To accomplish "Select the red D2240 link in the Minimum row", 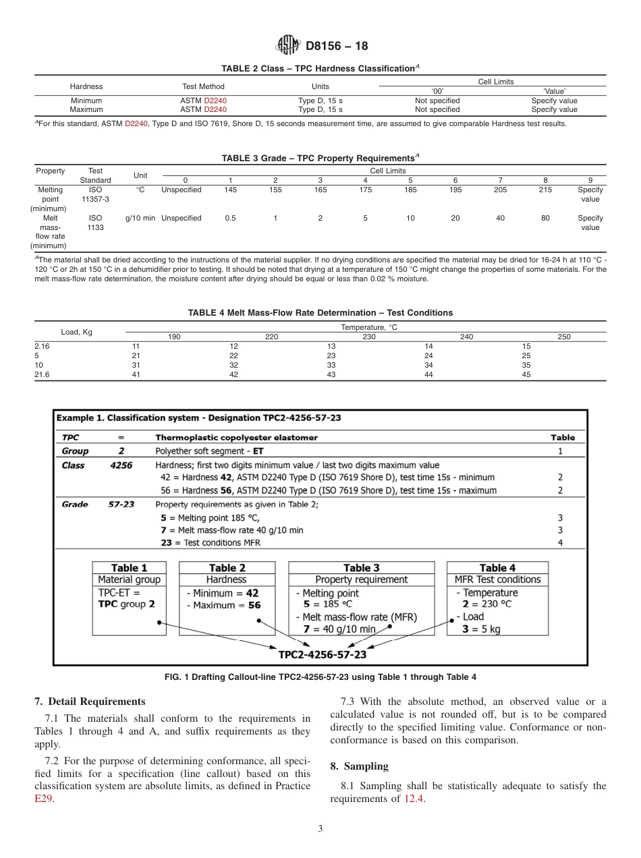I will point(215,101).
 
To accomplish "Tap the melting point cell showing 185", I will point(410,190).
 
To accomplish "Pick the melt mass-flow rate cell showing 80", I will point(545,218).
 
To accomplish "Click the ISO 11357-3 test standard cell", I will point(95,194).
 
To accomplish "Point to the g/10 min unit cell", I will point(140,218).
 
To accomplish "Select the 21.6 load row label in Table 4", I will point(42,374).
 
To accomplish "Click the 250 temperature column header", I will point(564,337).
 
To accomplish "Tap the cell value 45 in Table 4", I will point(527,374).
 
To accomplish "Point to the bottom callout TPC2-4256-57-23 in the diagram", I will point(323,654).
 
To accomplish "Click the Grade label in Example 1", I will point(75,504).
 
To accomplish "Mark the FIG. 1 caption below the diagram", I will point(320,677).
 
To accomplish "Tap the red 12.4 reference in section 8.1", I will point(414,799).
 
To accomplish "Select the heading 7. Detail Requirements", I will point(90,702).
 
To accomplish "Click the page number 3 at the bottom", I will point(320,828).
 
